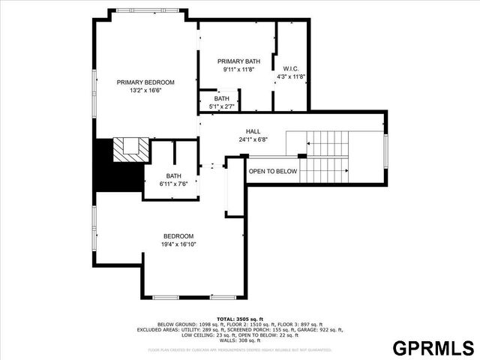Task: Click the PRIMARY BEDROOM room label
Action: coord(145,82)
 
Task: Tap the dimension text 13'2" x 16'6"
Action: coord(145,91)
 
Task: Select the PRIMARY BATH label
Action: coord(238,61)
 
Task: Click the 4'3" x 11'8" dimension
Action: coord(291,76)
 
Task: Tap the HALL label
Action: coord(253,131)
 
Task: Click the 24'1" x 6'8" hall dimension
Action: coord(253,139)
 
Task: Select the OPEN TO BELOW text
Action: coord(273,172)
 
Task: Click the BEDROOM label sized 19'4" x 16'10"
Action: coord(179,235)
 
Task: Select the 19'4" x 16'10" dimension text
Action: coord(179,244)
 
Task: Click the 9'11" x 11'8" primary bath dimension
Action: coord(238,69)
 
